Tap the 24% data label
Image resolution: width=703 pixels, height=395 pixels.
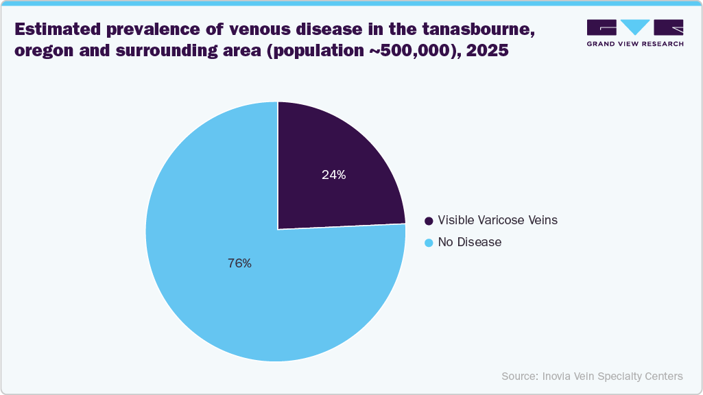coord(333,175)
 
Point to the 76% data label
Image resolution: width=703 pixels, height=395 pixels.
coord(239,263)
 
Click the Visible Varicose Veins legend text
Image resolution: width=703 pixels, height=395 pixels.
coord(497,220)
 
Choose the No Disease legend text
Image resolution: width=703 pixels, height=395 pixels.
coord(469,242)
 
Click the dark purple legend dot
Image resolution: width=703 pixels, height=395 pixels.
coord(429,221)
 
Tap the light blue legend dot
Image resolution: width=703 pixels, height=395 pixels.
coord(429,243)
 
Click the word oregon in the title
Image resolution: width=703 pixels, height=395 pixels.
coord(42,51)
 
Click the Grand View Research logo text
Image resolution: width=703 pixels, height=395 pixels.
coord(634,43)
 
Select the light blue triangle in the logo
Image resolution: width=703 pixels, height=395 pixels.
coord(635,27)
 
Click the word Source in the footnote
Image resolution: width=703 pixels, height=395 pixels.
coord(519,376)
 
